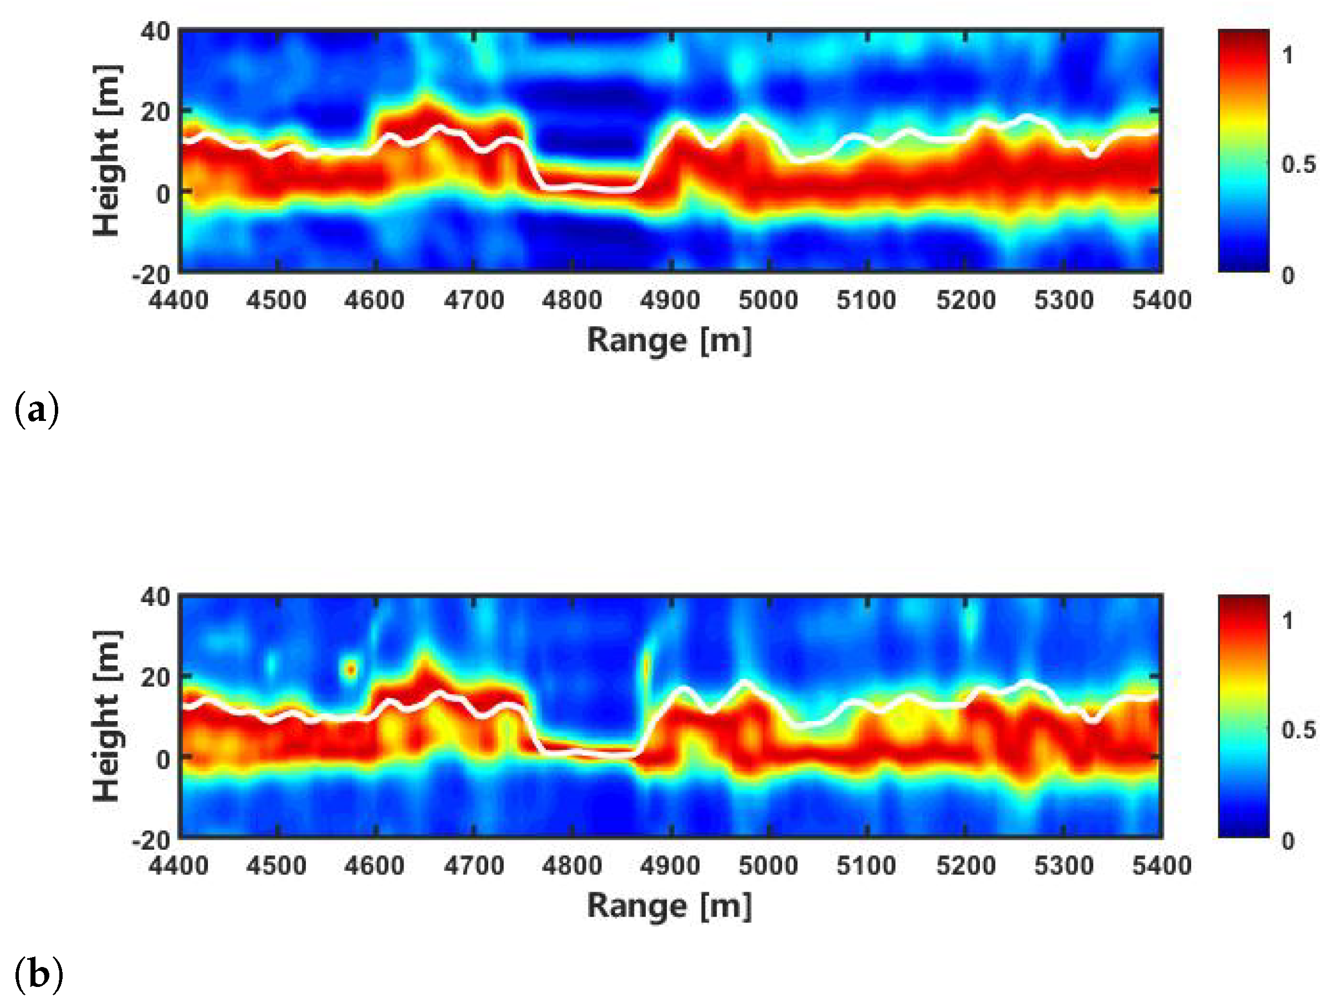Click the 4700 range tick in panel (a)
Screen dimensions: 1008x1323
[474, 300]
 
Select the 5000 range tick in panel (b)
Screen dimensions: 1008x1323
[768, 865]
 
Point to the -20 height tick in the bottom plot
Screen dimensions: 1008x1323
[151, 841]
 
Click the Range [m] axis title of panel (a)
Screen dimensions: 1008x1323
[668, 341]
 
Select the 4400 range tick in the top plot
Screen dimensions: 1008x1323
[178, 300]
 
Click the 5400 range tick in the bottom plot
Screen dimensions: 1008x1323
[1162, 865]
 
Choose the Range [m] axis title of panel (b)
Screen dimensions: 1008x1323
[668, 906]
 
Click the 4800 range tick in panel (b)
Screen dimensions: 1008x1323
[571, 865]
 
